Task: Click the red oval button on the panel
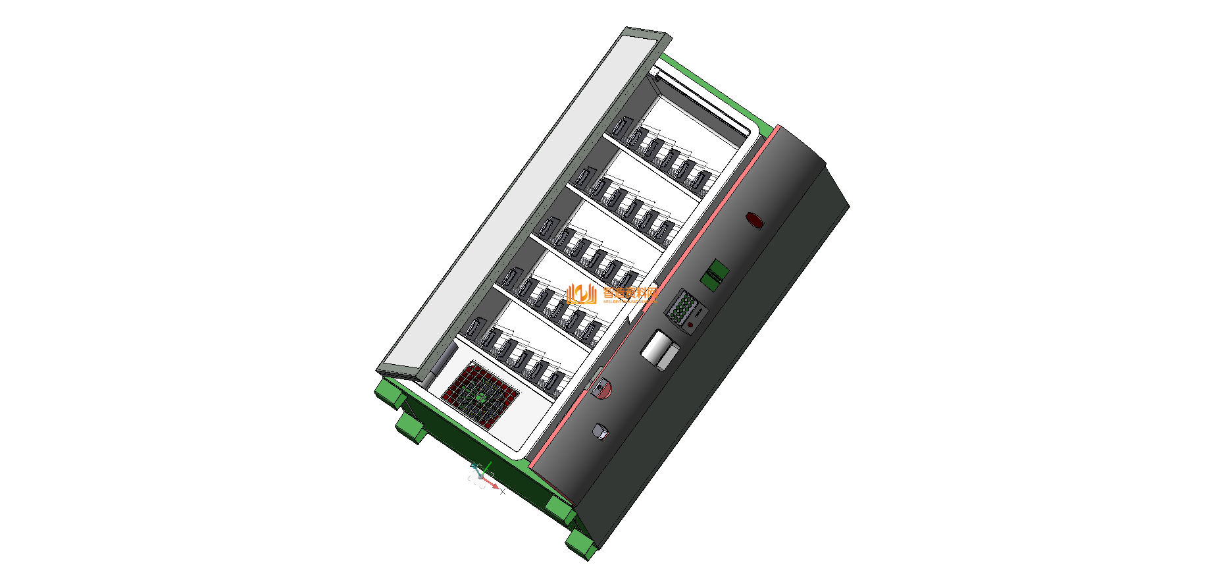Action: tap(755, 220)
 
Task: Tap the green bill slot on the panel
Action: tap(715, 274)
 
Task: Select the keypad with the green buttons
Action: tap(682, 307)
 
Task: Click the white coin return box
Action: tap(659, 350)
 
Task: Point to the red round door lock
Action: tap(602, 388)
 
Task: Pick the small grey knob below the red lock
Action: tap(600, 431)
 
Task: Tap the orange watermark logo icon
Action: tap(582, 294)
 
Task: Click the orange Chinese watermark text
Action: tap(630, 294)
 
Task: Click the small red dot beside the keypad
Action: tap(690, 324)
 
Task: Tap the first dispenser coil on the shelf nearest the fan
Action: tap(474, 327)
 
